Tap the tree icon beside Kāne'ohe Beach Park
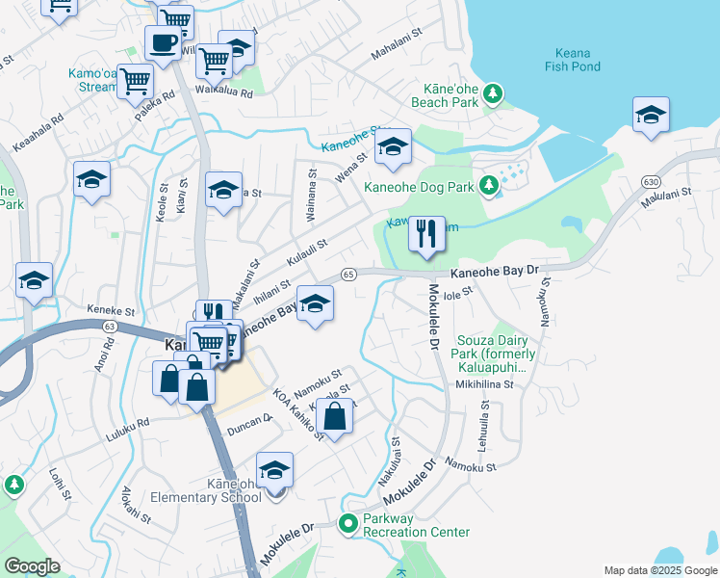click(x=493, y=93)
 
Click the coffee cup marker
click(x=163, y=43)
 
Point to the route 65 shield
click(x=349, y=275)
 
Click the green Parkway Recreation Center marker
click(x=348, y=523)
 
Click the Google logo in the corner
click(x=31, y=566)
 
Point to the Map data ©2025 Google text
click(x=659, y=570)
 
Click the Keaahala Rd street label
click(x=38, y=135)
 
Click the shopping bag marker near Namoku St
click(x=335, y=419)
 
